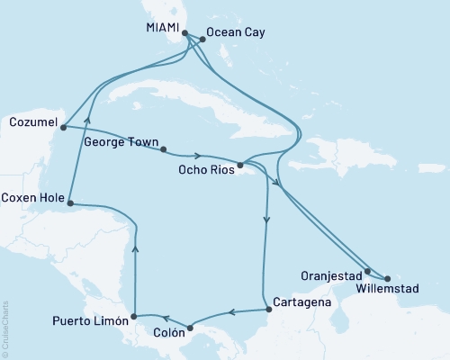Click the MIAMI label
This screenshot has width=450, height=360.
click(x=162, y=28)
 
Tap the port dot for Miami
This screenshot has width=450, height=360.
click(x=185, y=34)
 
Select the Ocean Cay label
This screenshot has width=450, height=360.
click(x=235, y=32)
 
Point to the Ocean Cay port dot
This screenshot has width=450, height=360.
click(x=201, y=39)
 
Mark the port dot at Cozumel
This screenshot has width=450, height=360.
click(x=62, y=128)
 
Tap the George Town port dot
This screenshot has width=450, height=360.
click(x=164, y=148)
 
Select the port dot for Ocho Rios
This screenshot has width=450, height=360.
click(x=240, y=166)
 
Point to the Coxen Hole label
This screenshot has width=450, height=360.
click(x=30, y=197)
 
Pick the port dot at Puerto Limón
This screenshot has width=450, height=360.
click(x=133, y=316)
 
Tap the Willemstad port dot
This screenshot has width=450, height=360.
click(x=387, y=277)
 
